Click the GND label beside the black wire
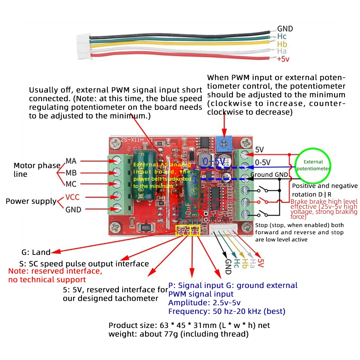tap(285, 29)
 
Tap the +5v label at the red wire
tap(283, 59)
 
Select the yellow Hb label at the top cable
tap(282, 44)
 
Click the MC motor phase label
tap(71, 184)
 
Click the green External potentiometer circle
tap(313, 165)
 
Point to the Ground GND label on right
tap(269, 175)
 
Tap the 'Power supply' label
tap(31, 201)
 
